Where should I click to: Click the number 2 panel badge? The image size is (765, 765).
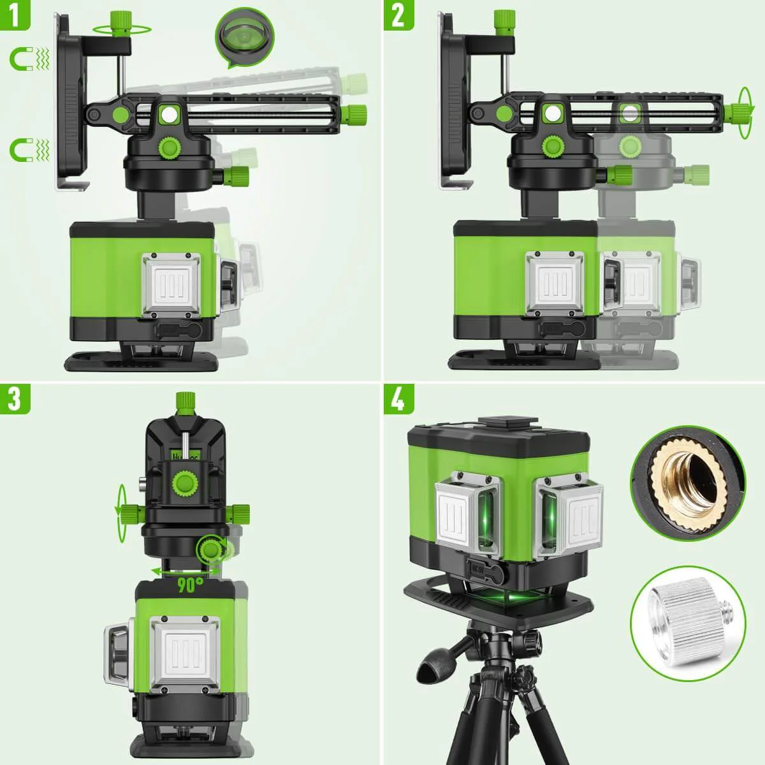pos(398,15)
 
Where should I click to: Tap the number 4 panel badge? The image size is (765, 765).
pos(398,398)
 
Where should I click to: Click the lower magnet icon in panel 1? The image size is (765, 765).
pos(25,150)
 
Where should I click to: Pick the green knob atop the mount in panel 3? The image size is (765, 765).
pos(186,402)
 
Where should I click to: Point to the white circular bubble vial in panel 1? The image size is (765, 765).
pos(169,115)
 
